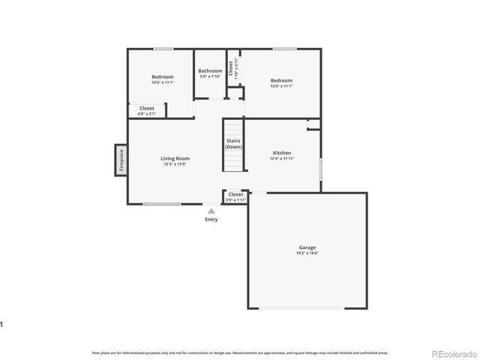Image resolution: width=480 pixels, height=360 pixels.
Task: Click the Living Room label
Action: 175,158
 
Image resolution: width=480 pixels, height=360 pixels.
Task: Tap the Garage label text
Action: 307,247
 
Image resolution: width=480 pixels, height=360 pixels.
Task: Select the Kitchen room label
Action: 282,152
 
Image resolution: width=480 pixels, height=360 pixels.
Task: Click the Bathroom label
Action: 210,71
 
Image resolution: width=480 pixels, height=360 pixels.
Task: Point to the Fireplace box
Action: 120,160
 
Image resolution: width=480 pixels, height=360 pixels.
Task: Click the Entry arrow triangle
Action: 211,211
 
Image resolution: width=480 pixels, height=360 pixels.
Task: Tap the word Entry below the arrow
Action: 211,219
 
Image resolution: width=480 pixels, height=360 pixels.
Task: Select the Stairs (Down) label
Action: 234,143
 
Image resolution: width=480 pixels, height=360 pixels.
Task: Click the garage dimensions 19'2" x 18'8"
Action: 307,253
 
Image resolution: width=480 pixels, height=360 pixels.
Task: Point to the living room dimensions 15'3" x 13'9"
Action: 175,164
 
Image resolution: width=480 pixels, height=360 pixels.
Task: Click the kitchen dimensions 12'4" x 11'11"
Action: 282,158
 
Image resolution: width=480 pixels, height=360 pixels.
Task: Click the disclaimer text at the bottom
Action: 240,352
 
